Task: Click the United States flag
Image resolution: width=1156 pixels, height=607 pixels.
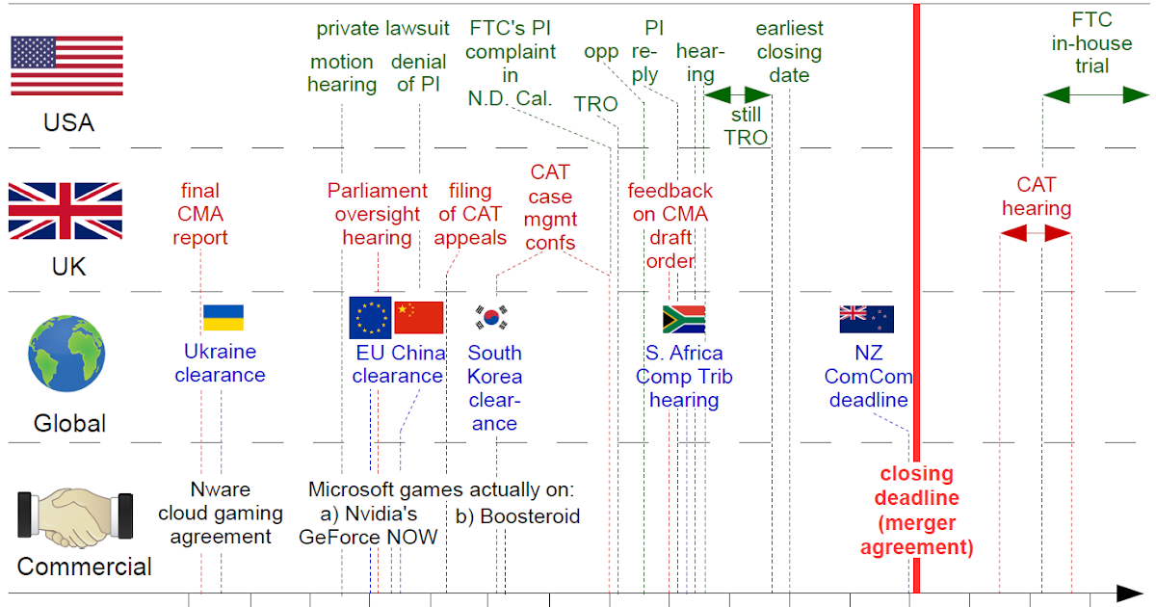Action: (x=66, y=65)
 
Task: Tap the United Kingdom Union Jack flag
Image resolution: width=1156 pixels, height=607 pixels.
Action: (x=66, y=210)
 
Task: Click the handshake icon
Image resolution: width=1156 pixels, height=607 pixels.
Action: (x=75, y=516)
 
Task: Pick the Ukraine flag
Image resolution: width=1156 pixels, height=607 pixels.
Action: (x=223, y=318)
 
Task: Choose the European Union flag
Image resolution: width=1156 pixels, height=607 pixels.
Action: (x=371, y=318)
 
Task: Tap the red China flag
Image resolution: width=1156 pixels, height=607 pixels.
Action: (x=419, y=318)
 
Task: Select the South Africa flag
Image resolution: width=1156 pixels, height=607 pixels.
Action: (x=684, y=319)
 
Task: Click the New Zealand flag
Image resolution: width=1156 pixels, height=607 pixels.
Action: (x=866, y=319)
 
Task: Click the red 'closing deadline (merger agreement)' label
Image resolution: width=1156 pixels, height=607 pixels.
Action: (x=917, y=511)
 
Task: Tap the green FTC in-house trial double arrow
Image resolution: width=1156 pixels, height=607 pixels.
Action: (x=1095, y=94)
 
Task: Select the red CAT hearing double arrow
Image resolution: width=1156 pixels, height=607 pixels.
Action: (x=1036, y=233)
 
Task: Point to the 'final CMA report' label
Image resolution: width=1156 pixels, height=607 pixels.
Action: (x=200, y=213)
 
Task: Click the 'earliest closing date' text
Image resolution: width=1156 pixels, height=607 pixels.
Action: (x=789, y=51)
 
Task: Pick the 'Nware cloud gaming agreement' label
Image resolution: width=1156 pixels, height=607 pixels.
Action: (x=221, y=512)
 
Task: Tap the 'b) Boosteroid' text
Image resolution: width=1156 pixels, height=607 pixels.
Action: (x=518, y=516)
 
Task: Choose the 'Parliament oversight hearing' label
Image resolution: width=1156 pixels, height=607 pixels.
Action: (x=378, y=213)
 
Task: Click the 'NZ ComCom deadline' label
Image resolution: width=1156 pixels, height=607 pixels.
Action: (x=868, y=377)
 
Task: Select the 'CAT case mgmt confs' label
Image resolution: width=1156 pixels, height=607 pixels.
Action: (x=550, y=207)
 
